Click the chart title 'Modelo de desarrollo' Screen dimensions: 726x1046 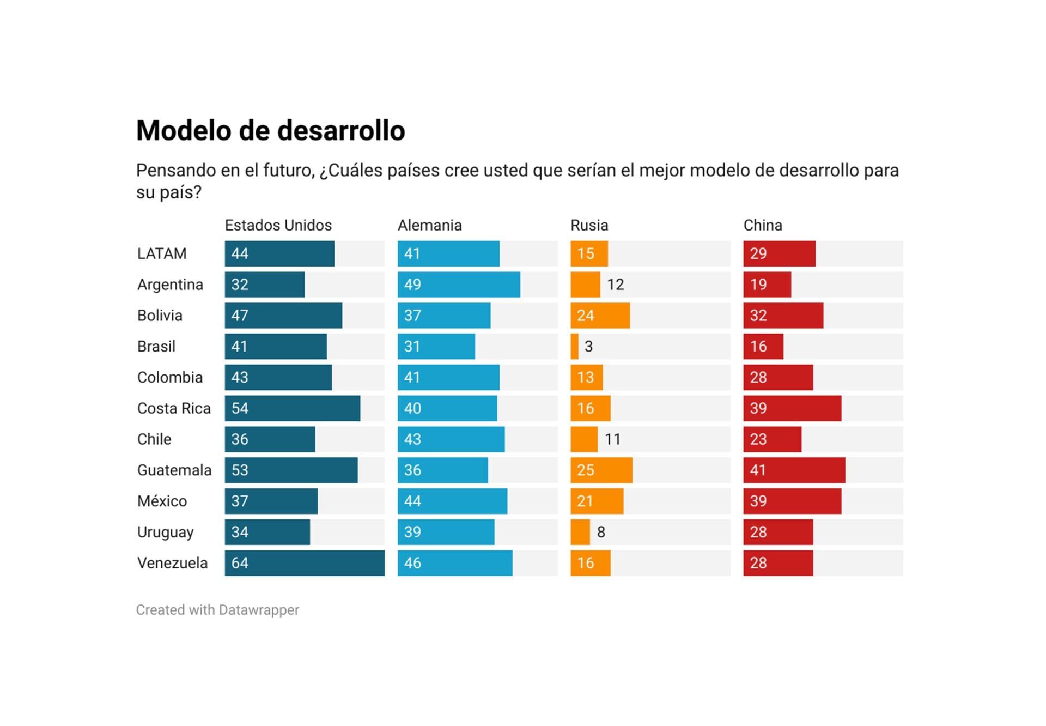[x=270, y=131]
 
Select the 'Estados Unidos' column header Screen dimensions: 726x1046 [x=278, y=225]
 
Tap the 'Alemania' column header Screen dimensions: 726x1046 [x=429, y=225]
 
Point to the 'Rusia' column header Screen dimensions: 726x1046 [x=589, y=225]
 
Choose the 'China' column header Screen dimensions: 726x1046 [x=762, y=225]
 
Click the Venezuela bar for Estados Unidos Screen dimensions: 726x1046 [x=305, y=563]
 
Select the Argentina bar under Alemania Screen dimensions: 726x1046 [x=459, y=285]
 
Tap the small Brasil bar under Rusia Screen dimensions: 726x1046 [x=574, y=347]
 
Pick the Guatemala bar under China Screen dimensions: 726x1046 [x=794, y=470]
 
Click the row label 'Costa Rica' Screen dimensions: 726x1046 [x=174, y=408]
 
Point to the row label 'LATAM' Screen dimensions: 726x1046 [x=162, y=253]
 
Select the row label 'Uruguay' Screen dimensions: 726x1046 [x=165, y=532]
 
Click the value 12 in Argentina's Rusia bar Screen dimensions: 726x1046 [x=615, y=285]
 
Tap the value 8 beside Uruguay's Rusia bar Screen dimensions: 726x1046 [x=601, y=532]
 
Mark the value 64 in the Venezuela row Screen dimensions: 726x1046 [x=240, y=563]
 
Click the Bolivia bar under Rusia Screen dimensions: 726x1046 [x=600, y=316]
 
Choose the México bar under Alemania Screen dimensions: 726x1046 [x=452, y=501]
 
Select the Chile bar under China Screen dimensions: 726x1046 [x=772, y=439]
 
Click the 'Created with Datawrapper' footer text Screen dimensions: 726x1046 [x=217, y=610]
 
